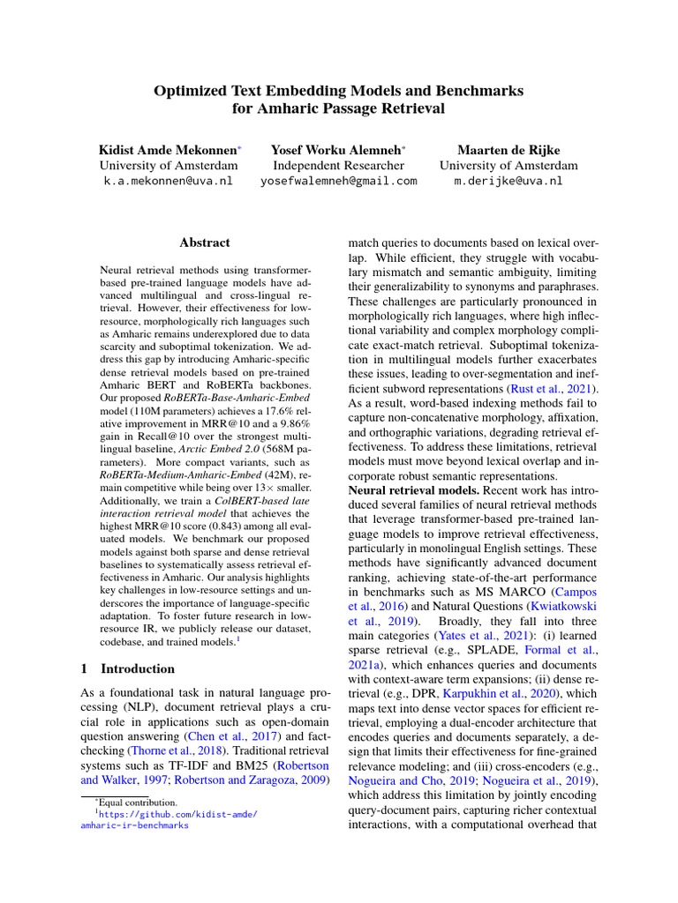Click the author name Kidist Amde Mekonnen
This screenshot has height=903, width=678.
168,150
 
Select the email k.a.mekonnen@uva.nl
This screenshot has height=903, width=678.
168,181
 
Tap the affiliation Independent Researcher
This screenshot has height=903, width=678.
338,165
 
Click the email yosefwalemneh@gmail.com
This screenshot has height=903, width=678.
338,181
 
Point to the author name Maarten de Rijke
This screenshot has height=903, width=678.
508,150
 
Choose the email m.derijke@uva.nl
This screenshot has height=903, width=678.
508,181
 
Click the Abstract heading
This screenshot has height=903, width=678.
204,243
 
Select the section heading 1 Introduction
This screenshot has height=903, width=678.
128,669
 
